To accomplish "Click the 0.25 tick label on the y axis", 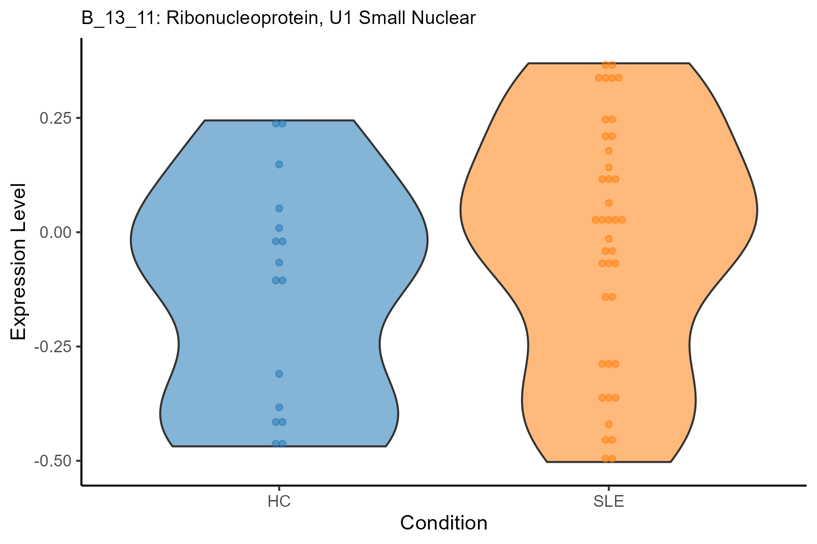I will point(56,118).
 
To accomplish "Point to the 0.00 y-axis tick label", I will point(56,233).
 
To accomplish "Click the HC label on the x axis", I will point(279,502).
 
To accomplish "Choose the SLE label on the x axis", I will point(609,502).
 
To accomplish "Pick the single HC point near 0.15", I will point(279,164).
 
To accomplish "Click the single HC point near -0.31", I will point(279,374).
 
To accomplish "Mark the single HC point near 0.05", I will point(279,209).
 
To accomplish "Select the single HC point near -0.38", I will point(279,407).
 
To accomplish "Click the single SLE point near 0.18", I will point(609,151).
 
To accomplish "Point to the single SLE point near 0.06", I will point(609,203).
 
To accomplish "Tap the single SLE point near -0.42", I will point(609,424).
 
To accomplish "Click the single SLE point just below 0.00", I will point(609,238).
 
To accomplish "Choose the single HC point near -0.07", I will point(279,262).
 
